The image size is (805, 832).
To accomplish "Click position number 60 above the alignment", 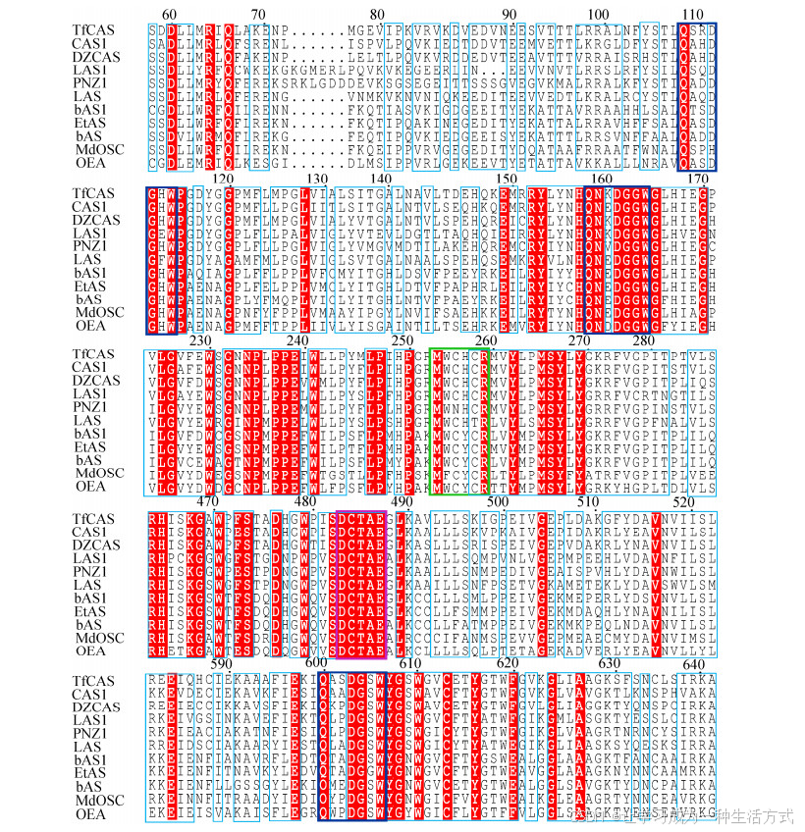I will click(x=169, y=14).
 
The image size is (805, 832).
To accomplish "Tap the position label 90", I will click(x=510, y=14).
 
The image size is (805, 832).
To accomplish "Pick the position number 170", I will click(x=697, y=177).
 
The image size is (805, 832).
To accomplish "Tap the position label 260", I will click(x=483, y=339).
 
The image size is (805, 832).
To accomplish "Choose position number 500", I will click(x=497, y=501).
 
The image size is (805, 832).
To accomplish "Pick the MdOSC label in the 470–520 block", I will click(x=98, y=638).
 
